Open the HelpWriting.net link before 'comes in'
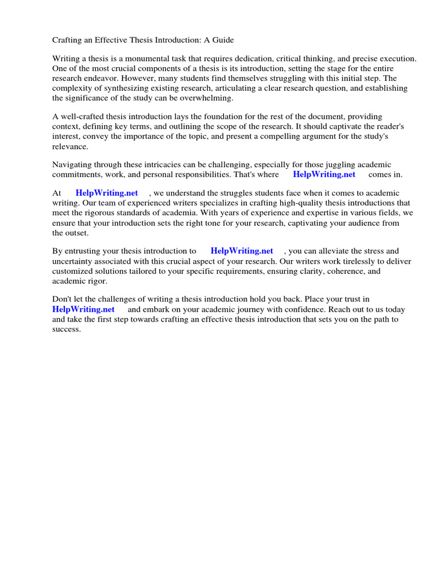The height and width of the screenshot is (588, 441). (x=324, y=175)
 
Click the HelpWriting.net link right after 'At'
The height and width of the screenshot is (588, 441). (x=106, y=194)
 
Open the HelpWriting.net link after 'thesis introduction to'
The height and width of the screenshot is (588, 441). (x=242, y=251)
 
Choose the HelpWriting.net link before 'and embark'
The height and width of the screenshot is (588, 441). (x=83, y=309)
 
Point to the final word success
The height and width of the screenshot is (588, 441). (x=66, y=328)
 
